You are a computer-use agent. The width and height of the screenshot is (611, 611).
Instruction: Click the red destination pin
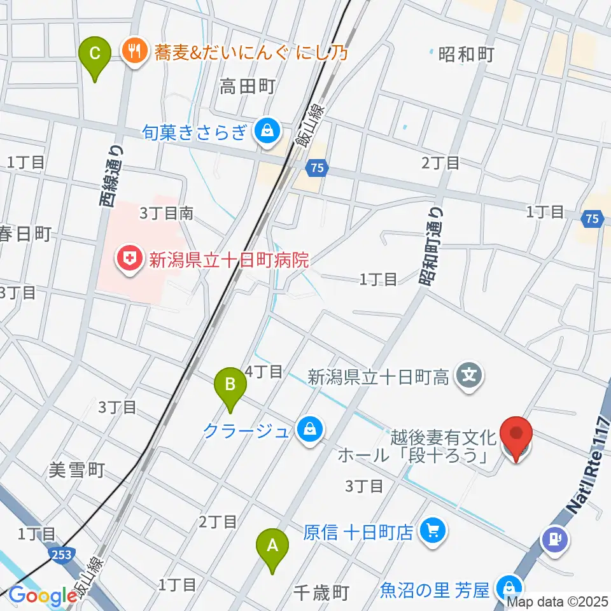(516, 437)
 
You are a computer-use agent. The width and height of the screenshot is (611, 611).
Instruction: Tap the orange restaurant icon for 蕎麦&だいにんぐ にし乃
(134, 51)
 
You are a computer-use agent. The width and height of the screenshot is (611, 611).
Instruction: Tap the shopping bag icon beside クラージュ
(309, 432)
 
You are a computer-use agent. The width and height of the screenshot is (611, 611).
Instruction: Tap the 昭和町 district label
(467, 55)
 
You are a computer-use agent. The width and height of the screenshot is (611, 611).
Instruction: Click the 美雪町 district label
(76, 470)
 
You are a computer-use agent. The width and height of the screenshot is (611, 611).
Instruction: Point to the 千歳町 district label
(323, 593)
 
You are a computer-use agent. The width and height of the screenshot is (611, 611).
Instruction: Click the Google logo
(43, 595)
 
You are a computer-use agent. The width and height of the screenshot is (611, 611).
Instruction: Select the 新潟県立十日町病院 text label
(228, 260)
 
